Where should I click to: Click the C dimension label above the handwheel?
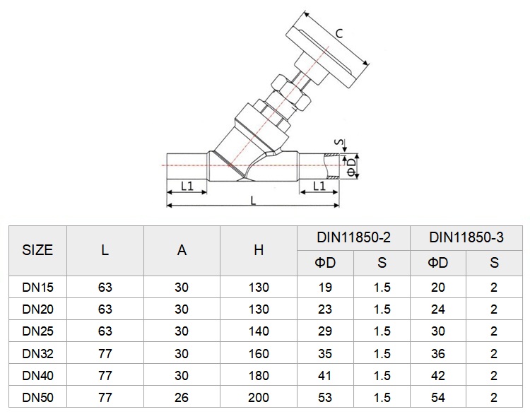pos(339,33)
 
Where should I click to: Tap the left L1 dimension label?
pos(187,186)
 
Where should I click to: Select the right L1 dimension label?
pos(319,186)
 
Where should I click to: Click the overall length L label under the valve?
pos(253,201)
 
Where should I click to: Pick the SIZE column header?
pos(37,250)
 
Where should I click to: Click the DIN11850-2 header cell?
pos(353,237)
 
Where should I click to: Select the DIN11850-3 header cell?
pos(466,237)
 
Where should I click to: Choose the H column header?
pos(259,250)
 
